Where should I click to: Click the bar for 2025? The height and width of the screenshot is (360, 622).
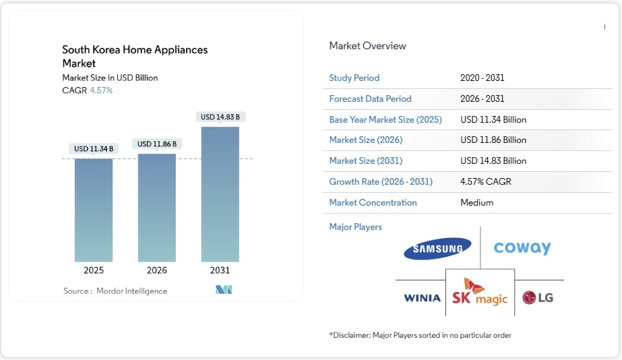click(94, 210)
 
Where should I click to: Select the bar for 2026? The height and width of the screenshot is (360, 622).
click(156, 208)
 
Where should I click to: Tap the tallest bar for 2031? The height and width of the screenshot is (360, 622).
click(220, 194)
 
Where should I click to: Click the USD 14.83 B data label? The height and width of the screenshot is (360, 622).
click(220, 117)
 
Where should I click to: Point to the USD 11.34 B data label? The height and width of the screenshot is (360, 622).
click(93, 148)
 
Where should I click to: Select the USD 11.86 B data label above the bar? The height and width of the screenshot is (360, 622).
click(157, 144)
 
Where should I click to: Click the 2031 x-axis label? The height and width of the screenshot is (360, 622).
click(220, 270)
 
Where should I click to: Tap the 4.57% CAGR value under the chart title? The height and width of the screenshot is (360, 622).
click(101, 90)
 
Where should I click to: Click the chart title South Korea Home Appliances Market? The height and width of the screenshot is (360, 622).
click(135, 56)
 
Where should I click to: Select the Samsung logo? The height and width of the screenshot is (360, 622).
click(437, 249)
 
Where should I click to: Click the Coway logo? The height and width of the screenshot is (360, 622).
click(522, 248)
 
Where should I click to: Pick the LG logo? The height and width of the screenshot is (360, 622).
click(538, 297)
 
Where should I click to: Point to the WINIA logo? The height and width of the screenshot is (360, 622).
click(422, 297)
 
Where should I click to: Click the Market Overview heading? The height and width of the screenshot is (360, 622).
click(367, 46)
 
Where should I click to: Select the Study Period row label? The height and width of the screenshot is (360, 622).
click(354, 78)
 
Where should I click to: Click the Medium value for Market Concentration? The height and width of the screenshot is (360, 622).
click(476, 202)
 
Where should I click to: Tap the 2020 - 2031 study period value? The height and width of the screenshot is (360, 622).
click(482, 78)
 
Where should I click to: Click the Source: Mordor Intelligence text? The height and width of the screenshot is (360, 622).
click(115, 291)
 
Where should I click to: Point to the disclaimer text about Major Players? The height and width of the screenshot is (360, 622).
click(420, 335)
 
